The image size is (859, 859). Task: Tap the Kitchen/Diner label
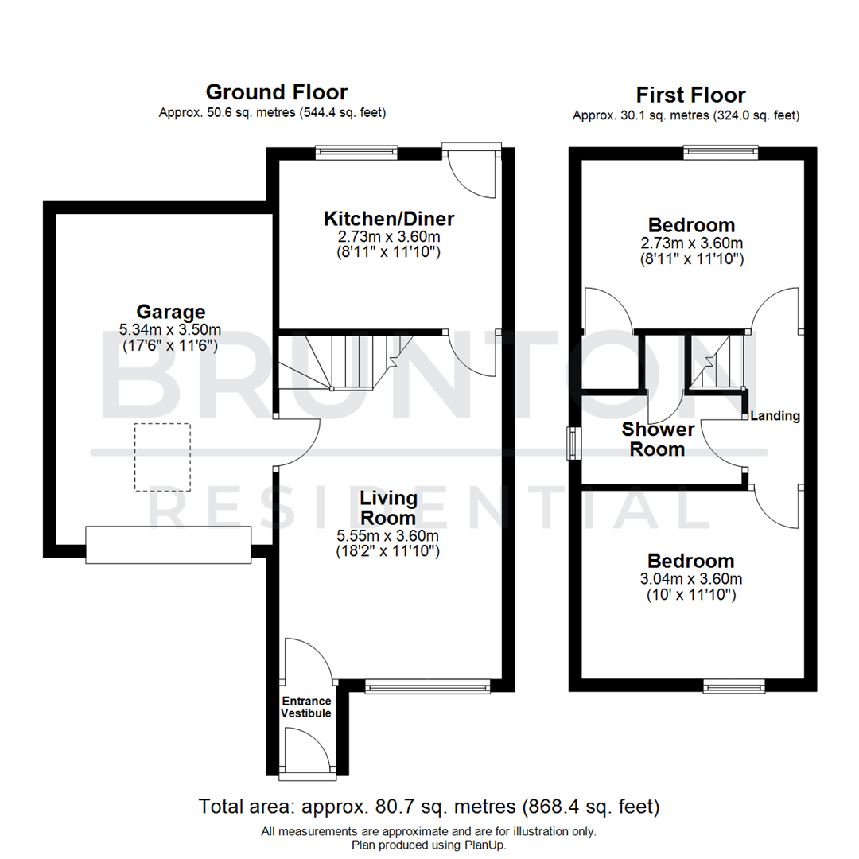(x=388, y=219)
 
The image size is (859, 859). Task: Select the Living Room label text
(x=388, y=507)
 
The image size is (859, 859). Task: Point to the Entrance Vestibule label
(x=305, y=707)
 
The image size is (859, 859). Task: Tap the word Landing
(x=775, y=415)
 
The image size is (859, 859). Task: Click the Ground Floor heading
(x=276, y=92)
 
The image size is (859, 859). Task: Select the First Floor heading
(x=691, y=95)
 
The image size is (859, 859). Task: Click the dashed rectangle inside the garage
(x=162, y=457)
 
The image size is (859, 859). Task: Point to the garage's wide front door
(x=169, y=545)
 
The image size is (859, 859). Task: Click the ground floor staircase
(x=342, y=362)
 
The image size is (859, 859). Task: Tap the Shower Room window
(x=572, y=443)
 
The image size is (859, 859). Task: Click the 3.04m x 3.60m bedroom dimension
(x=690, y=578)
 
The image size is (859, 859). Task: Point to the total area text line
(x=429, y=808)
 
